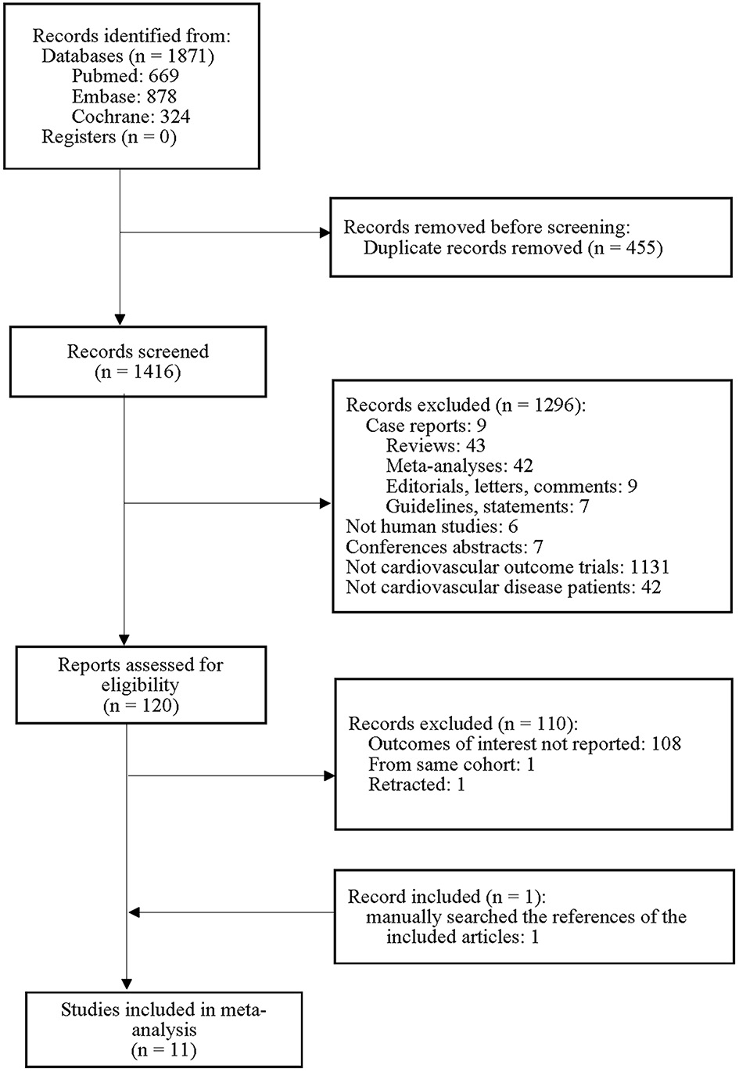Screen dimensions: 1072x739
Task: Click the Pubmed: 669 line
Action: (x=125, y=76)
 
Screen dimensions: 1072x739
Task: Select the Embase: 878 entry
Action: (x=124, y=96)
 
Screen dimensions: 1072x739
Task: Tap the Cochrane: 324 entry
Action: (x=131, y=117)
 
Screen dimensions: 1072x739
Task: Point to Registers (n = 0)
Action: (x=109, y=138)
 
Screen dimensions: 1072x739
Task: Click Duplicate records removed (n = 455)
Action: (x=513, y=248)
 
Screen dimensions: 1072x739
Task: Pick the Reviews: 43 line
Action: (x=436, y=445)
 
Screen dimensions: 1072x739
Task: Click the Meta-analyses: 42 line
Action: (x=459, y=466)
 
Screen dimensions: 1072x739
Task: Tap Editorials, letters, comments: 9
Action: (x=511, y=486)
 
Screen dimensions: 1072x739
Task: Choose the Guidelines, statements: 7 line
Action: (x=487, y=506)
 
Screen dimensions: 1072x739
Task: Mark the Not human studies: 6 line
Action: (x=432, y=527)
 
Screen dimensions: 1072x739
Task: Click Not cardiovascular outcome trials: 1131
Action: (x=508, y=567)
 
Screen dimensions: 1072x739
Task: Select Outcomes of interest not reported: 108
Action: (x=524, y=743)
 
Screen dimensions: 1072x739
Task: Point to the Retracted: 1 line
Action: (x=416, y=784)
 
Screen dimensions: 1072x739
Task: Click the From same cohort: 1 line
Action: (x=451, y=764)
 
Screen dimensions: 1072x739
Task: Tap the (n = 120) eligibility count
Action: (x=141, y=706)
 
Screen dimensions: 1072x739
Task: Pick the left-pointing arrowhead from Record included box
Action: (x=134, y=912)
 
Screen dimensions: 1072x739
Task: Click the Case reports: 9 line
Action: (x=425, y=426)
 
